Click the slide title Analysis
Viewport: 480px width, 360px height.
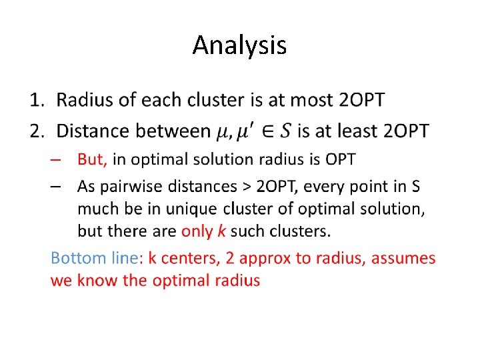pyautogui.click(x=239, y=45)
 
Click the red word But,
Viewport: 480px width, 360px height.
pyautogui.click(x=93, y=160)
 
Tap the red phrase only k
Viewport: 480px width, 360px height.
pyautogui.click(x=205, y=232)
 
